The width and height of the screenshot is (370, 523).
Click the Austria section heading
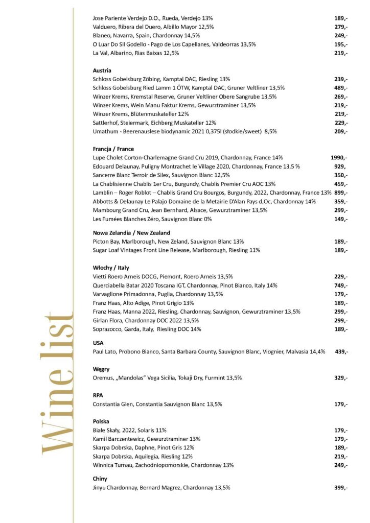click(102, 70)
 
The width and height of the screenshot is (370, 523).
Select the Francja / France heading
click(113, 149)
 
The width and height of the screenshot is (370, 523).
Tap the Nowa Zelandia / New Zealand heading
click(131, 233)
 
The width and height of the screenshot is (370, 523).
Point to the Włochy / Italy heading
click(111, 268)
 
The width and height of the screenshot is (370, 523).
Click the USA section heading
click(98, 343)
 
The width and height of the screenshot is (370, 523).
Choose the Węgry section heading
click(101, 369)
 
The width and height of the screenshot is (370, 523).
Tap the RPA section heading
click(98, 395)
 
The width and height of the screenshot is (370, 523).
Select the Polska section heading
click(101, 421)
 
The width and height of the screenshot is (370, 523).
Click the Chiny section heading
click(100, 479)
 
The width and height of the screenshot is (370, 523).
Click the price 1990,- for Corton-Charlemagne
click(339, 158)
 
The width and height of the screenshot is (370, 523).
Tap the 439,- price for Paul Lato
click(341, 352)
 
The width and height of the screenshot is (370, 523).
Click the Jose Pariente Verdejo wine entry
click(153, 18)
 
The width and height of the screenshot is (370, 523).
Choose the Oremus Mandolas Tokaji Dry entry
click(167, 378)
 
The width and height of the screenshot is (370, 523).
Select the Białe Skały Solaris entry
click(130, 430)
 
